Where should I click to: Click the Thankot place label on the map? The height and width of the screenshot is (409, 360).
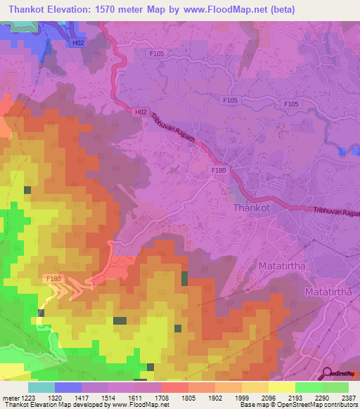(x=251, y=208)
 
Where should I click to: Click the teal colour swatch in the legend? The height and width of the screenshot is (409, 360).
(x=41, y=387)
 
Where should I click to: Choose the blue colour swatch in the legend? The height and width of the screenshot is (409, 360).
(x=68, y=387)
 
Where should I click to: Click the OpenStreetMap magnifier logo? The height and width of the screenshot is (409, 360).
(x=327, y=373)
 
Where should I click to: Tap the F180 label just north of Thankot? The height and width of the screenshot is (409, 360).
(x=219, y=171)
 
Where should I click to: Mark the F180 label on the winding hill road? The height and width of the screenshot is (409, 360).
(x=54, y=279)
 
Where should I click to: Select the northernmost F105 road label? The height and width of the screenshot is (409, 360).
(x=157, y=53)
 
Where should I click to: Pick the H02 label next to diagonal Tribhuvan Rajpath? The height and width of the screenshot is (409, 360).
(x=140, y=112)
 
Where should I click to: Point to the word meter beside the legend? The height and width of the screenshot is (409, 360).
(x=10, y=398)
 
